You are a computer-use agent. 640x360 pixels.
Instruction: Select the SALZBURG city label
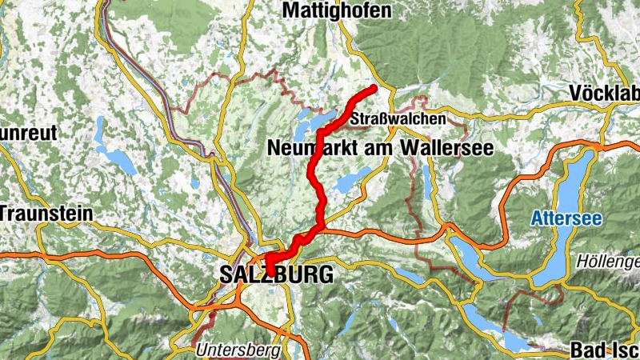pos(275,275)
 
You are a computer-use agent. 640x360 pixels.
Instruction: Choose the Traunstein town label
pos(46,214)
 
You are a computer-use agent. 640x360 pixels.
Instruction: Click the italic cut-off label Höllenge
pos(607,262)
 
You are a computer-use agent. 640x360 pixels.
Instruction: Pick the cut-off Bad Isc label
pos(604,350)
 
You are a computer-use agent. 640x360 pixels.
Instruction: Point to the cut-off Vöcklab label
pos(604,93)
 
